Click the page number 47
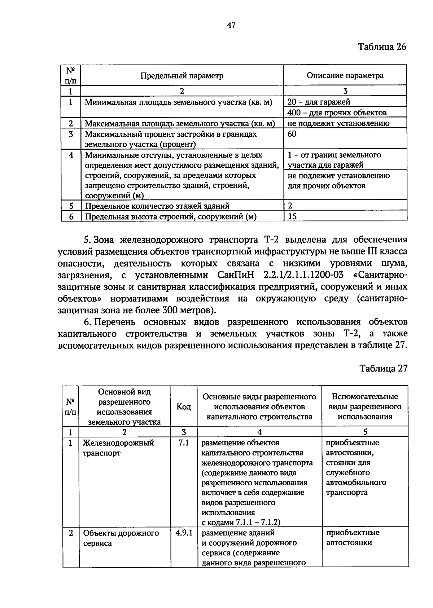pyautogui.click(x=231, y=25)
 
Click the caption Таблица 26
pyautogui.click(x=382, y=47)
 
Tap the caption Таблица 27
pyautogui.click(x=383, y=368)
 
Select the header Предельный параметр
pyautogui.click(x=182, y=75)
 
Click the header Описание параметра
pyautogui.click(x=345, y=75)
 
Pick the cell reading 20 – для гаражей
pyautogui.click(x=319, y=102)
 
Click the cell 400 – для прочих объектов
pyautogui.click(x=337, y=113)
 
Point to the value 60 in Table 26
pyautogui.click(x=292, y=134)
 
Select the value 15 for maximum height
pyautogui.click(x=292, y=216)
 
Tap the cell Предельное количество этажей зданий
pyautogui.click(x=157, y=206)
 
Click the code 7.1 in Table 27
pyautogui.click(x=184, y=442)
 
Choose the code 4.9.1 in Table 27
pyautogui.click(x=184, y=533)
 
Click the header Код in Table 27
pyautogui.click(x=184, y=407)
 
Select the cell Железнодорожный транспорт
pyautogui.click(x=119, y=448)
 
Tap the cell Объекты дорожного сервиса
pyautogui.click(x=121, y=538)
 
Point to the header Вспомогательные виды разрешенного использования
pyautogui.click(x=365, y=406)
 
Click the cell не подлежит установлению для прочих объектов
pyautogui.click(x=338, y=181)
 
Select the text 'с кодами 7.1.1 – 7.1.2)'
pyautogui.click(x=241, y=522)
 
